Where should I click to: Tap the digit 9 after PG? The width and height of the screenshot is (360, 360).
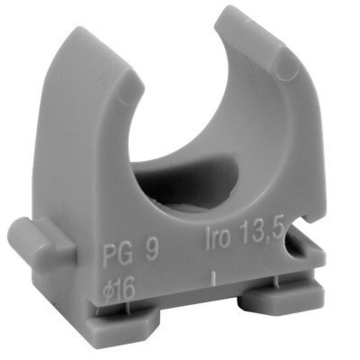(150, 253)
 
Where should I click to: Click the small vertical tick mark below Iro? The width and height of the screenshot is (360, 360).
(213, 278)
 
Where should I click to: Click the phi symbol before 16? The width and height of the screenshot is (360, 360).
(107, 290)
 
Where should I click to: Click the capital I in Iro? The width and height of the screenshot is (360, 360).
(208, 241)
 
